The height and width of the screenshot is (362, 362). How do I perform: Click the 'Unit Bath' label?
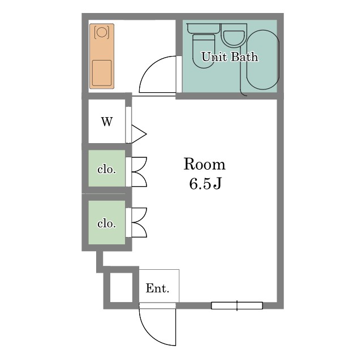(x=230, y=57)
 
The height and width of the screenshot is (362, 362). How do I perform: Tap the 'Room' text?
(x=205, y=164)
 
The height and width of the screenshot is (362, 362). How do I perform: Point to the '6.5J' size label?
(x=205, y=184)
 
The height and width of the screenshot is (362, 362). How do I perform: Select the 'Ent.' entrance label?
(x=158, y=288)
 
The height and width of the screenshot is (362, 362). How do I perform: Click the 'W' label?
(x=107, y=122)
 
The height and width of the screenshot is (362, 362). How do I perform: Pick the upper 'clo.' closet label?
(x=106, y=170)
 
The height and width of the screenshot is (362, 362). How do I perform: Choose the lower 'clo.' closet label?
(x=106, y=223)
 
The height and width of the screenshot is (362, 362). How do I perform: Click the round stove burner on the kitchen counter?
(x=102, y=32)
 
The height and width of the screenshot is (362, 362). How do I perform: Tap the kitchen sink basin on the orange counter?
(x=102, y=73)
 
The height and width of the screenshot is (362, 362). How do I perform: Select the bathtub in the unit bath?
(x=263, y=60)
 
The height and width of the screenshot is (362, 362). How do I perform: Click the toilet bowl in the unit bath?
(x=204, y=51)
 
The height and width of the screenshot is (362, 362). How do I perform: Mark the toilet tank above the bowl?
(x=204, y=28)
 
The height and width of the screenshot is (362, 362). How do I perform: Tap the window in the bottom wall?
(x=237, y=305)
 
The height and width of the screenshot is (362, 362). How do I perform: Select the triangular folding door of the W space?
(x=139, y=134)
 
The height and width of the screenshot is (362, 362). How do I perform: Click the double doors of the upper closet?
(x=139, y=172)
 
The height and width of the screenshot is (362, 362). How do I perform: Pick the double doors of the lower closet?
(x=139, y=222)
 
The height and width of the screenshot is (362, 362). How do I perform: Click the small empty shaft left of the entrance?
(x=121, y=287)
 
